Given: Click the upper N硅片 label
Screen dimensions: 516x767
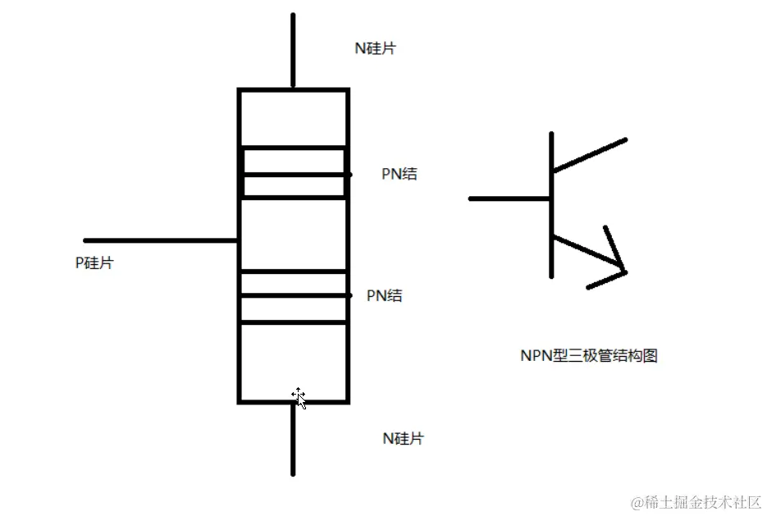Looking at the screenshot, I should [375, 48].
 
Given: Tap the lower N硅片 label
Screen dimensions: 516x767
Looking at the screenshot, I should [403, 438].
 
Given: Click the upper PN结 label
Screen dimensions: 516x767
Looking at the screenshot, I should [399, 174].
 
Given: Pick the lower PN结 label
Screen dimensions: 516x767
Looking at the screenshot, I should [384, 295].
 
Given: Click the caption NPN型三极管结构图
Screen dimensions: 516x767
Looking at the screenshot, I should [589, 355].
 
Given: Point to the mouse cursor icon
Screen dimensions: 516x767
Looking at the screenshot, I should [299, 398].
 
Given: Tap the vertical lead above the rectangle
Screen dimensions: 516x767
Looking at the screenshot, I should [293, 50].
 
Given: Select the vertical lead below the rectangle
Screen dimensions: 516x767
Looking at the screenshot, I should [293, 439].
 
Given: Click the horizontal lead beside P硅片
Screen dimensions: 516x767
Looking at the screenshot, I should [161, 240].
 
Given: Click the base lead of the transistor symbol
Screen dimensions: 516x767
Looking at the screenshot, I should [509, 199].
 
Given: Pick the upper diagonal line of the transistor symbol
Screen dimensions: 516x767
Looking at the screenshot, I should [589, 156].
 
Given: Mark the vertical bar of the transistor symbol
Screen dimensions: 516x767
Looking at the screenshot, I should [551, 205].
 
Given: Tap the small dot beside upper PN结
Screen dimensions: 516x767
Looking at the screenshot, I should [349, 174].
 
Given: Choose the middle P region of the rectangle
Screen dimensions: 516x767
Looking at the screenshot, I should [293, 234].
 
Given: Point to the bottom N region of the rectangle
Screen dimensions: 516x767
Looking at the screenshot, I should [293, 361].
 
